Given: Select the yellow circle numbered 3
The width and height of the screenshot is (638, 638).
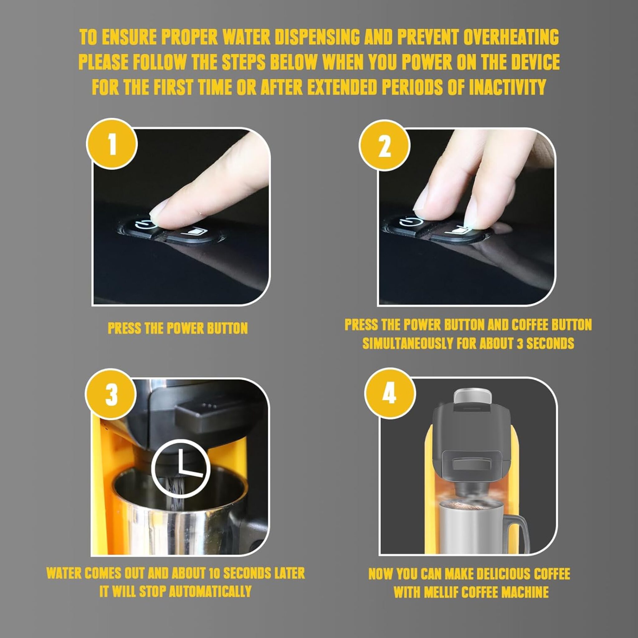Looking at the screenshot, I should pos(111,394).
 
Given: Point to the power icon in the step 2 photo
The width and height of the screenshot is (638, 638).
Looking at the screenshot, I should pos(407,221).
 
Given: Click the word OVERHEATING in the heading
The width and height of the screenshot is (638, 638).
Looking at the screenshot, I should pos(511,37).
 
